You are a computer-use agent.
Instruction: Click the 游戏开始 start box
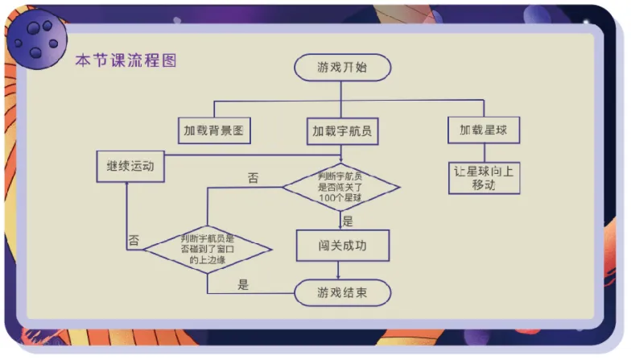[x=342, y=68]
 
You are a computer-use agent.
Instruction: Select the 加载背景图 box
[x=213, y=130]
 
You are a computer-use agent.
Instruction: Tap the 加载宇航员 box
[x=342, y=130]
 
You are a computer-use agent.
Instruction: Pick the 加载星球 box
[x=484, y=130]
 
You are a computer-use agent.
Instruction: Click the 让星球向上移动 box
[x=484, y=177]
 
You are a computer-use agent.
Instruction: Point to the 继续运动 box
[x=130, y=167]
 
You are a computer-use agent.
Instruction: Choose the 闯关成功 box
[x=342, y=246]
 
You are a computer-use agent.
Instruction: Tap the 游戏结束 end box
[x=342, y=292]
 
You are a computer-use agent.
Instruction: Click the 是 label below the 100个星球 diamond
[x=348, y=221]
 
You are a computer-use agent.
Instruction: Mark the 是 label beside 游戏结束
[x=243, y=283]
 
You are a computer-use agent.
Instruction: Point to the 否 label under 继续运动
[x=134, y=240]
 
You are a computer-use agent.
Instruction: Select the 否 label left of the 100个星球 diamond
[x=253, y=178]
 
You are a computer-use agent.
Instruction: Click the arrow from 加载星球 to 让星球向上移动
[x=484, y=154]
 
